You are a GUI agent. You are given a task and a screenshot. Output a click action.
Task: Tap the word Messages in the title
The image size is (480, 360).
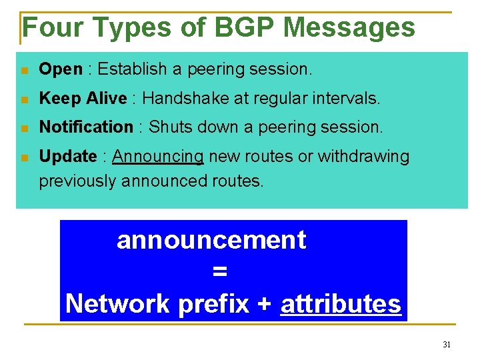[x=349, y=27]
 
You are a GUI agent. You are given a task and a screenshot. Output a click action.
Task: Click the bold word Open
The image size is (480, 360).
[x=61, y=69]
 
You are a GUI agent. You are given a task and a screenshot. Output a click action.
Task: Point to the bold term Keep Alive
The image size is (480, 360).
[x=83, y=99]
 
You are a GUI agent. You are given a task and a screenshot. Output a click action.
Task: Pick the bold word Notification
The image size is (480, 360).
[x=86, y=127]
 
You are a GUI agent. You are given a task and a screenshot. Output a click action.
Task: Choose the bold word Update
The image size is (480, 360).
[x=68, y=157]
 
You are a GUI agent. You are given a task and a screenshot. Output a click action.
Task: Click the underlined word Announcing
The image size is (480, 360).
[x=158, y=157]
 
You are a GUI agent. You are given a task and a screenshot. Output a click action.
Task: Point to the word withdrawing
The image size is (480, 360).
[x=363, y=157]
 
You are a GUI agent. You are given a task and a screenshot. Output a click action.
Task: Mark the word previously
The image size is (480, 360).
[x=78, y=181]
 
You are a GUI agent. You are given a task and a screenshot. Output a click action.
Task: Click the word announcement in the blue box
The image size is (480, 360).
[x=211, y=240]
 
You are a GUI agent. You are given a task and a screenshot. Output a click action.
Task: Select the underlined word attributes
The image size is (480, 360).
[x=341, y=304]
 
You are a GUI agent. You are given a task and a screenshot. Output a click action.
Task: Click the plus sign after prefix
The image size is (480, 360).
[x=264, y=304]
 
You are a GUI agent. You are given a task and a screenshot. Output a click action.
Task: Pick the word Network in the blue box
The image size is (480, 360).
[x=118, y=304]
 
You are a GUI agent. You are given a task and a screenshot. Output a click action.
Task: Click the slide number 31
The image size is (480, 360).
[x=447, y=345]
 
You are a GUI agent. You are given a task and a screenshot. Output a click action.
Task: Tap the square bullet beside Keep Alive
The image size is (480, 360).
[x=24, y=100]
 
